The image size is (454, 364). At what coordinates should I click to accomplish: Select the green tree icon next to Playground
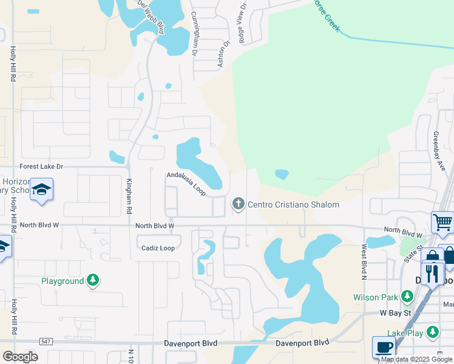pyautogui.click(x=93, y=280)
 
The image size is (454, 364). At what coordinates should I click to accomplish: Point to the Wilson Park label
pyautogui.click(x=376, y=297)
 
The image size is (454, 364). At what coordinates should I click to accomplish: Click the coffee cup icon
pyautogui.click(x=383, y=347)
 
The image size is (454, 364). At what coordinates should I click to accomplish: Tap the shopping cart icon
pyautogui.click(x=442, y=222)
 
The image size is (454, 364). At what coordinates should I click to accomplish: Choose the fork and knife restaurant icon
pyautogui.click(x=432, y=272)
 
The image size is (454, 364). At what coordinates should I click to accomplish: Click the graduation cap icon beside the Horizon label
pyautogui.click(x=41, y=190)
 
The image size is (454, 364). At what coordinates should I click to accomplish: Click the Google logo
pyautogui.click(x=20, y=356)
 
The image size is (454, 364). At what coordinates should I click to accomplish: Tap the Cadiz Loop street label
pyautogui.click(x=158, y=248)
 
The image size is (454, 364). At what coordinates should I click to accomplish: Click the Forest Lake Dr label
pyautogui.click(x=41, y=166)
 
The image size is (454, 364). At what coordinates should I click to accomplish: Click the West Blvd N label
pyautogui.click(x=364, y=261)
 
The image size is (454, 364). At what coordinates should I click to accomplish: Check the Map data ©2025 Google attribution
pyautogui.click(x=417, y=359)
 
